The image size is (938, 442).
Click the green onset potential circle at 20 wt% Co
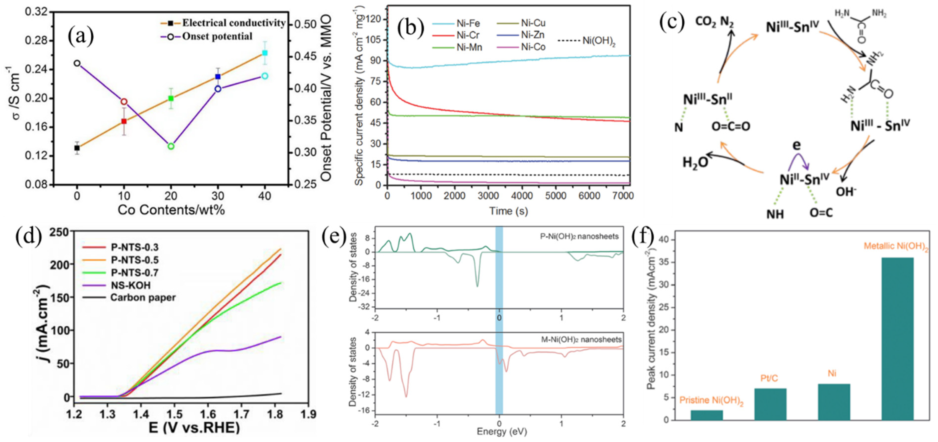point(171,146)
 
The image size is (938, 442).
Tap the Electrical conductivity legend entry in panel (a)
point(233,23)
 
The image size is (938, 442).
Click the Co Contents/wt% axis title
point(171,210)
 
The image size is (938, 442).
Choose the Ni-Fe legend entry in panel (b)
point(468,23)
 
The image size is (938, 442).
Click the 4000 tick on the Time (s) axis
point(521,196)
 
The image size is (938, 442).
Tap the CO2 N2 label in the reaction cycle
point(715,22)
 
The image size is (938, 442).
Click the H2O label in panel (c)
point(694,162)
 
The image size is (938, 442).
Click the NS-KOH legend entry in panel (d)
point(130,285)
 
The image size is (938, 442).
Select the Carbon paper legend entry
point(143,297)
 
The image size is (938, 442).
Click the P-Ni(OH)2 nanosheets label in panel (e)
point(579,237)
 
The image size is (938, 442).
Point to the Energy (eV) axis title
point(502,432)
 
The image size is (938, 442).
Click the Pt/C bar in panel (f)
point(770,404)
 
